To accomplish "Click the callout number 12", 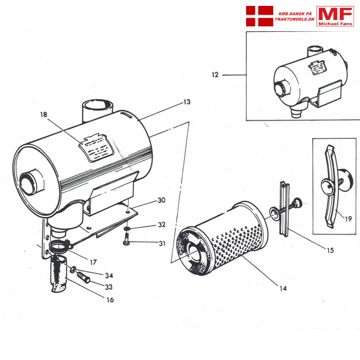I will point(215,75).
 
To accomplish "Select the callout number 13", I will point(186,102).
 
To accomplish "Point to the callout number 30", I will point(161,201).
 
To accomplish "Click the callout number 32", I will point(161,225).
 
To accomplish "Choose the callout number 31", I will point(161,243).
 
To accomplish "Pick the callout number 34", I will point(109,276).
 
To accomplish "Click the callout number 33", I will point(109,287).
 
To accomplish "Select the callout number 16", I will point(110,300).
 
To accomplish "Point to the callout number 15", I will point(329,250).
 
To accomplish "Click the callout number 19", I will point(349,218).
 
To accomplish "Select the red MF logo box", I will point(335,15).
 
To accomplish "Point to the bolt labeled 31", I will point(127,241).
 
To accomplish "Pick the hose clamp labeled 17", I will point(59,245).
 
